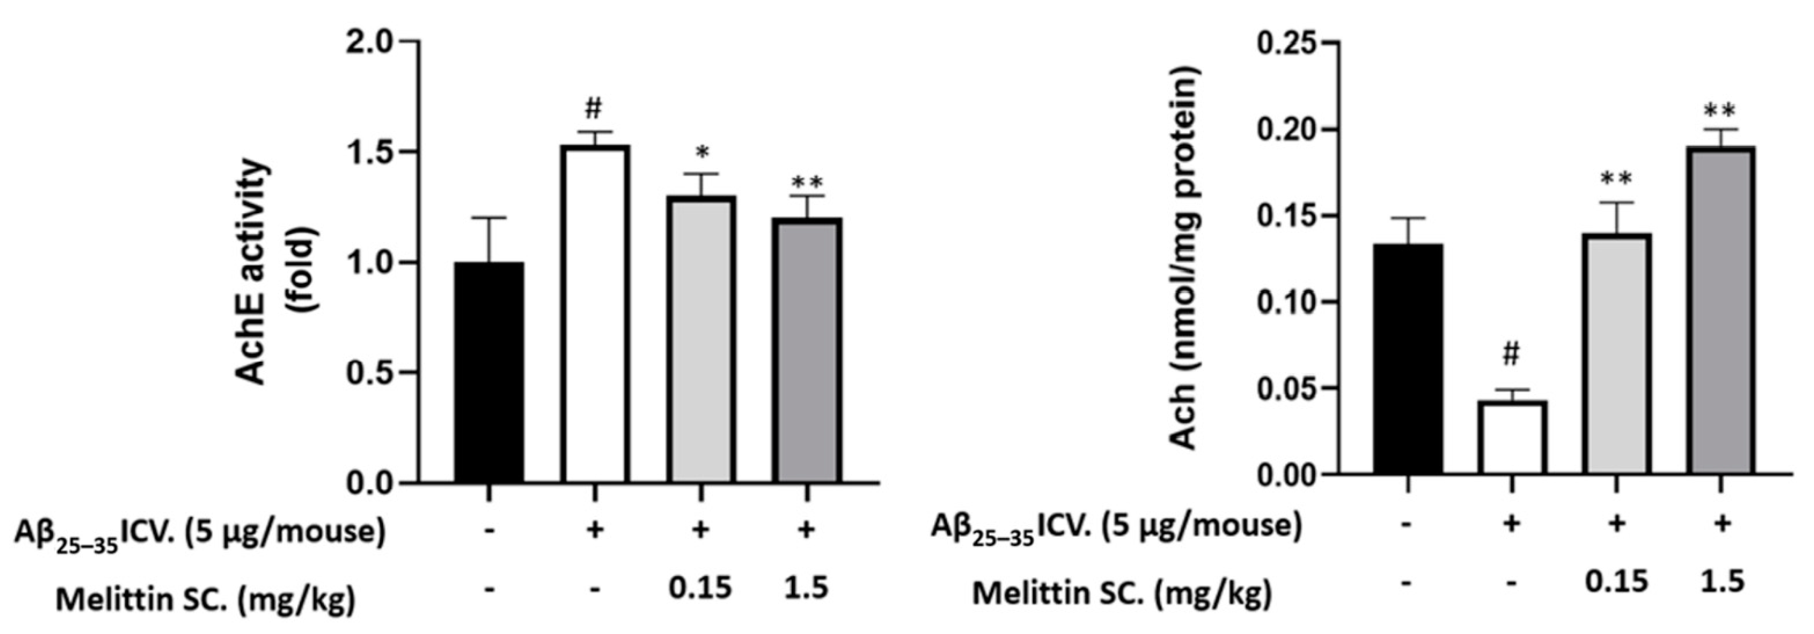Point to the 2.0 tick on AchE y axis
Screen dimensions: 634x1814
pos(371,42)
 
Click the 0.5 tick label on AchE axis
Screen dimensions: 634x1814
pos(371,373)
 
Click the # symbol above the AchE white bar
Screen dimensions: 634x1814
pos(594,109)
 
